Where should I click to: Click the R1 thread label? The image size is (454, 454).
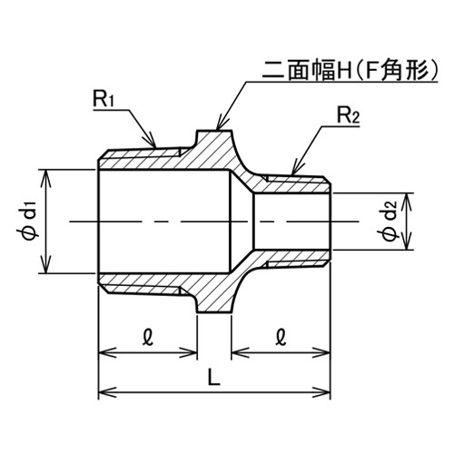click(x=104, y=99)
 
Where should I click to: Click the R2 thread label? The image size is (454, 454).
click(x=348, y=116)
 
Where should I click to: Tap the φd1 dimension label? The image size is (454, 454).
click(x=29, y=222)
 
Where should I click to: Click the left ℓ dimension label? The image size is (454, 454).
click(x=148, y=338)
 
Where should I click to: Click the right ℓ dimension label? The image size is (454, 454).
click(x=281, y=338)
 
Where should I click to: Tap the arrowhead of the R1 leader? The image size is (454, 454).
click(x=153, y=143)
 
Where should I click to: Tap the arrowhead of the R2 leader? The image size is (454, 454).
click(x=294, y=171)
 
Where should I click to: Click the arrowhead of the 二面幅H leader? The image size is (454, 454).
click(x=220, y=125)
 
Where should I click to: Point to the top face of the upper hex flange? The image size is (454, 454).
click(x=214, y=131)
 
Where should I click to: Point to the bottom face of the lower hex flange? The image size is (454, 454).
click(x=214, y=312)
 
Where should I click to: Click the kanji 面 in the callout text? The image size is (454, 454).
click(x=299, y=71)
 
